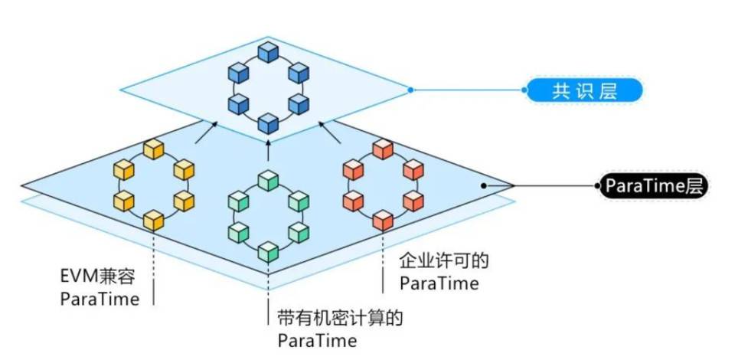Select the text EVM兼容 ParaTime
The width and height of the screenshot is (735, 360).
(x=100, y=287)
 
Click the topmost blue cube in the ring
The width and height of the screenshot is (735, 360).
(x=268, y=52)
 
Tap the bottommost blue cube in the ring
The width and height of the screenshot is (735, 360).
(x=268, y=123)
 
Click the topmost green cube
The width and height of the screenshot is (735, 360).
(x=267, y=180)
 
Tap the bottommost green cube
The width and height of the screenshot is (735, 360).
(x=267, y=250)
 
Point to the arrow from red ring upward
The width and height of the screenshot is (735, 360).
(x=332, y=136)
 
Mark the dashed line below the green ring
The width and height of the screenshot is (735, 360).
(x=268, y=287)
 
